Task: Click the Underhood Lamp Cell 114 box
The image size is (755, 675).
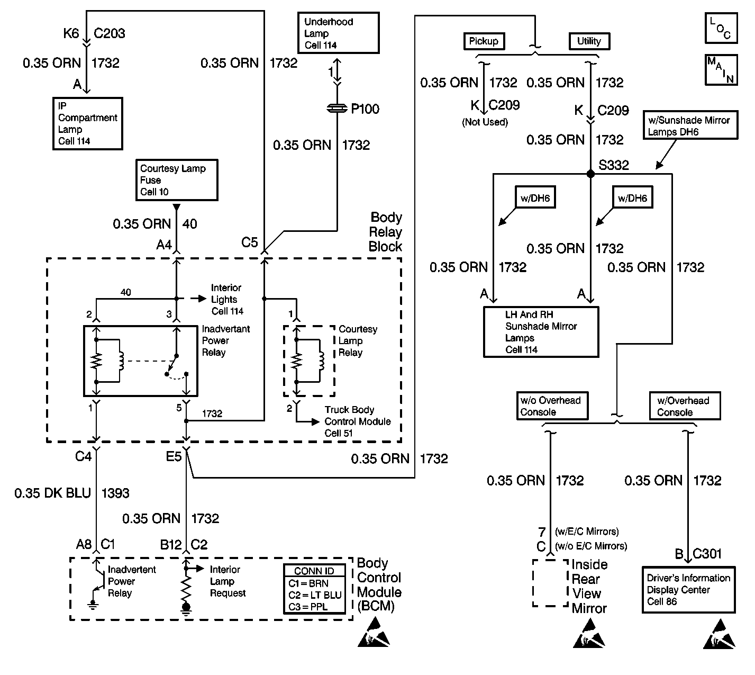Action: click(338, 33)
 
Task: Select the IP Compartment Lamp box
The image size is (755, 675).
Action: click(88, 123)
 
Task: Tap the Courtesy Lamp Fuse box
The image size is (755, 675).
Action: click(176, 180)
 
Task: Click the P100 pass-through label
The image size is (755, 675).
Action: click(365, 109)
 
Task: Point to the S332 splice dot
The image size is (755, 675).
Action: click(591, 174)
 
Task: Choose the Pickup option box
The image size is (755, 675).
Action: click(484, 41)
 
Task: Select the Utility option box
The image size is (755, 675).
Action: click(589, 41)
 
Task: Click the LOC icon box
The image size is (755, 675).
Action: click(721, 28)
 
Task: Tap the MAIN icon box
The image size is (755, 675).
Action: click(721, 69)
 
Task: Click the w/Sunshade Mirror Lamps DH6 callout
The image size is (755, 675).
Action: click(690, 126)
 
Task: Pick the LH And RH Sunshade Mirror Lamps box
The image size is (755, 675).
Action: click(541, 332)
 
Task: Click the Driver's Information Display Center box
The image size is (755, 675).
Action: click(688, 590)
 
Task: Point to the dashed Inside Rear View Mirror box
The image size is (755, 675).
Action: click(550, 583)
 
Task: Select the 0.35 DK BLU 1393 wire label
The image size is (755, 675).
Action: click(72, 493)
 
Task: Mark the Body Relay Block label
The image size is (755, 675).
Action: click(386, 232)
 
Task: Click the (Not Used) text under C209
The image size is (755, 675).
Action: click(485, 122)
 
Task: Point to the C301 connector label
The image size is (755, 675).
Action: click(707, 554)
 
